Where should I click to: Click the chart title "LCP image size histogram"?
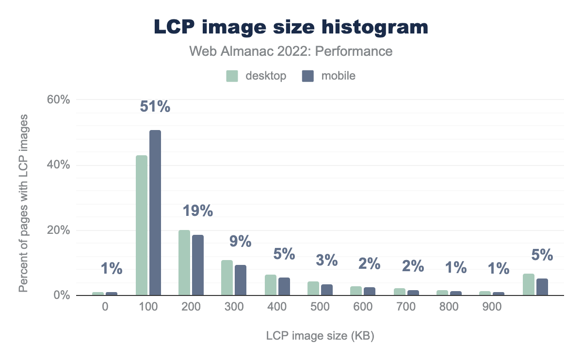coord(291,27)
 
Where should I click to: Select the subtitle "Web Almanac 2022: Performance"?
coord(291,51)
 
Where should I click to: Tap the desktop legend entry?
coord(256,76)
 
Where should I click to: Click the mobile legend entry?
coord(329,76)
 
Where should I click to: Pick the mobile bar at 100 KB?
coord(155,213)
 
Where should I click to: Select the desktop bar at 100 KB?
coord(142,225)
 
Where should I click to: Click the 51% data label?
coord(155,107)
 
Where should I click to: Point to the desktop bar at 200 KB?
coord(184,262)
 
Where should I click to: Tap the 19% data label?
coord(197,211)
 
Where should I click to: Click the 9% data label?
coord(240,241)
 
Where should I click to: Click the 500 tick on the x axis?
coord(319,307)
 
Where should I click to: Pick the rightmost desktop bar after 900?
coord(529,284)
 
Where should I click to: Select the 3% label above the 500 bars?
coord(326,261)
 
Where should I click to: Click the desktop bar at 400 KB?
coord(270,285)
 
